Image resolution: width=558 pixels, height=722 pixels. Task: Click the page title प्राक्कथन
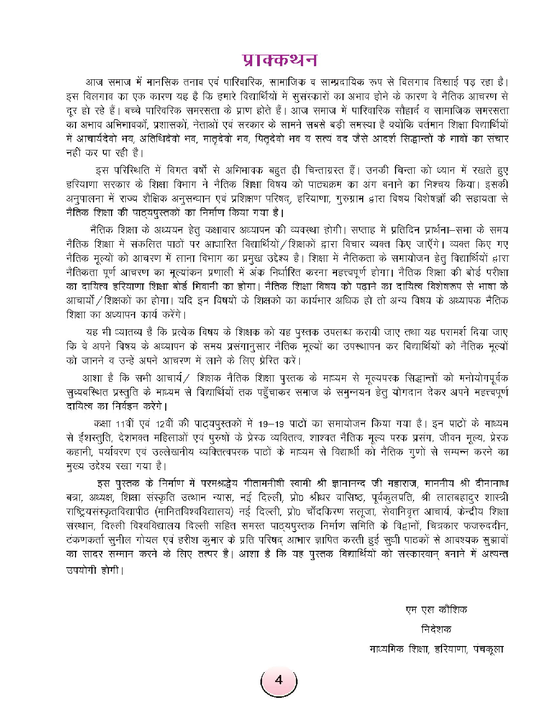point(278,59)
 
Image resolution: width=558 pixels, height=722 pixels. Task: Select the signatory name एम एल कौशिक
point(436,609)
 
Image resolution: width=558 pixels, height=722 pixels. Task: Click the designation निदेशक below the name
point(436,629)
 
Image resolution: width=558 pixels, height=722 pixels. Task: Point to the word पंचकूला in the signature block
point(489,649)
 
